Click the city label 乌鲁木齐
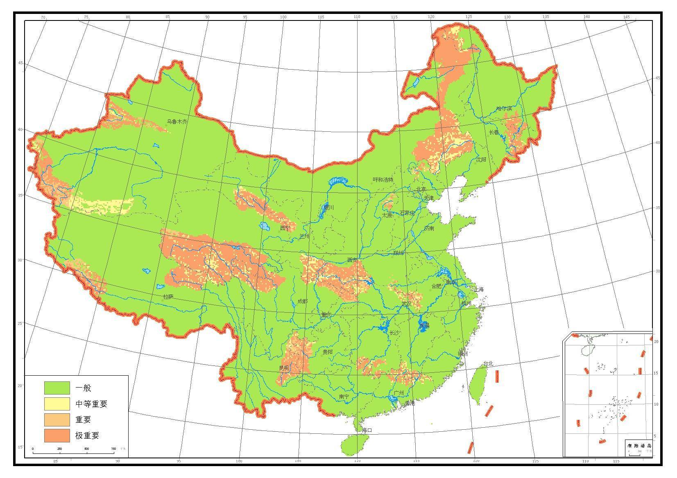point(177,122)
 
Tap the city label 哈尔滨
point(504,108)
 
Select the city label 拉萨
point(168,296)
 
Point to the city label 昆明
point(284,368)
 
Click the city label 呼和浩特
point(383,180)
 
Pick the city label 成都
point(302,301)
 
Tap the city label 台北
point(489,363)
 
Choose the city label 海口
point(367,430)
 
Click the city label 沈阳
point(481,159)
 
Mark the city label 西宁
point(285,228)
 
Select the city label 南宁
point(344,397)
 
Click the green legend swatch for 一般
point(57,388)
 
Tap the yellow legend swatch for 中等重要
point(57,404)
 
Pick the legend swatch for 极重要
point(57,435)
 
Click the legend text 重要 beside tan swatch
point(83,419)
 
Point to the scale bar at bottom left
point(73,452)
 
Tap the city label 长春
point(494,132)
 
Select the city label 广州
point(399,393)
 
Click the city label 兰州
point(304,236)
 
